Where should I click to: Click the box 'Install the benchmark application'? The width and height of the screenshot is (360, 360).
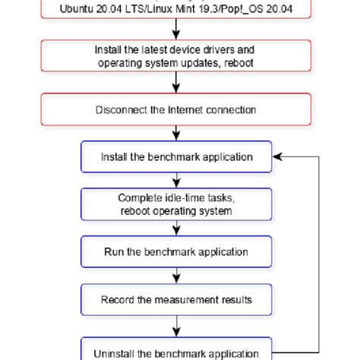click(x=176, y=157)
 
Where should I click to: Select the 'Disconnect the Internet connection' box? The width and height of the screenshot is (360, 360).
click(x=176, y=109)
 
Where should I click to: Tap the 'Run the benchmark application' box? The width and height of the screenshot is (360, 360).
click(x=176, y=251)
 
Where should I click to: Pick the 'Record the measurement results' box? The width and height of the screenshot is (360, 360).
click(x=176, y=299)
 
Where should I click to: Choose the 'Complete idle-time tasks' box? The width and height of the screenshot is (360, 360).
click(x=176, y=204)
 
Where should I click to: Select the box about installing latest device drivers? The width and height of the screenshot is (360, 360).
click(x=176, y=55)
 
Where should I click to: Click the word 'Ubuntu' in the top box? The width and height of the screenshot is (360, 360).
click(x=74, y=10)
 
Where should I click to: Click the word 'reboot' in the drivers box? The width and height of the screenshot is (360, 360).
click(x=238, y=62)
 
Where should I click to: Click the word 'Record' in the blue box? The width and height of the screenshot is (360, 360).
click(x=117, y=299)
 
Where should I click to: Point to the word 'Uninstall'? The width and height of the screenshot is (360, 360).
click(x=115, y=353)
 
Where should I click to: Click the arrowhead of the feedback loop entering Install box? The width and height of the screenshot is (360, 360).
click(x=277, y=157)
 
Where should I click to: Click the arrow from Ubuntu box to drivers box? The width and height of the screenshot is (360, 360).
click(x=176, y=29)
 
